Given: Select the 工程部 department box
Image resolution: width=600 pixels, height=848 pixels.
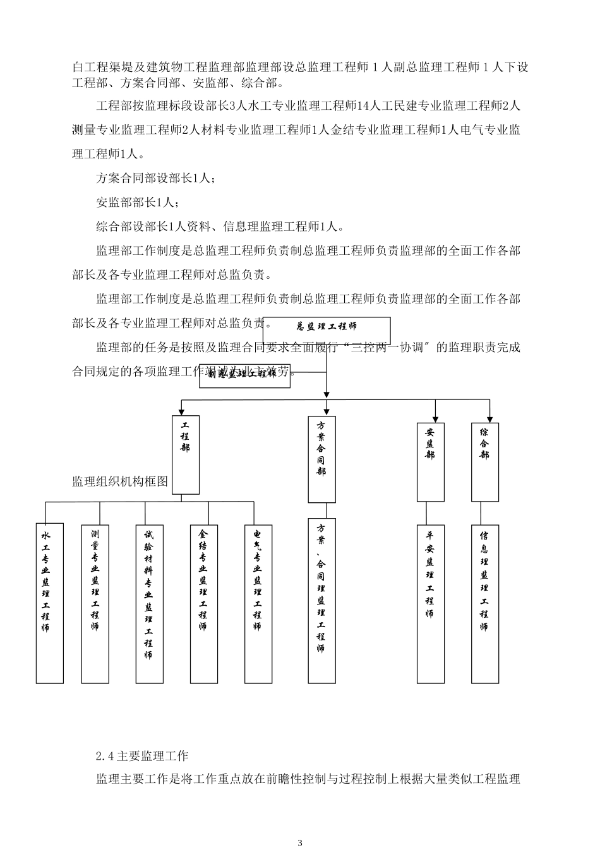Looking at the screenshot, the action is [x=186, y=454].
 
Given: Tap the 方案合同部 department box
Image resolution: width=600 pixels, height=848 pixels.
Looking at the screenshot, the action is [x=321, y=459].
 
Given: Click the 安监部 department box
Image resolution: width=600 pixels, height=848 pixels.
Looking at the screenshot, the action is [x=430, y=461].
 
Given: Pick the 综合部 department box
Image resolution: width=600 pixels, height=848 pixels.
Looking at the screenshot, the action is [x=484, y=461].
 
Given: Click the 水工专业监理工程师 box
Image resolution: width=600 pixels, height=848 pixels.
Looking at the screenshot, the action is [x=49, y=603].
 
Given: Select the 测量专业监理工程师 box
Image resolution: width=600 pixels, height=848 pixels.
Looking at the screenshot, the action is [x=95, y=603].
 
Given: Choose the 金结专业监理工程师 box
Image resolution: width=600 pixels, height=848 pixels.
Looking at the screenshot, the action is [x=203, y=603].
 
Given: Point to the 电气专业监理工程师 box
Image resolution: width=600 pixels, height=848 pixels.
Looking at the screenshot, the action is [x=258, y=603].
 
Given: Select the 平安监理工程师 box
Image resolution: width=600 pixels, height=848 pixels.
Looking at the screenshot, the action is [x=430, y=603].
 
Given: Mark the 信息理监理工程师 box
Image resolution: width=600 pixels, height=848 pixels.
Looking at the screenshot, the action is [x=484, y=603].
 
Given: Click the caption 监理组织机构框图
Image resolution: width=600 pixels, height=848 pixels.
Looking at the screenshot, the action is [x=120, y=482].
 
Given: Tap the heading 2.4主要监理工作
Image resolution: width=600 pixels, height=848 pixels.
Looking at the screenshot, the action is [x=142, y=755].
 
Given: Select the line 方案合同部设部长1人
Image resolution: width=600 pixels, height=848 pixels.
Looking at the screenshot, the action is [x=155, y=179].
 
